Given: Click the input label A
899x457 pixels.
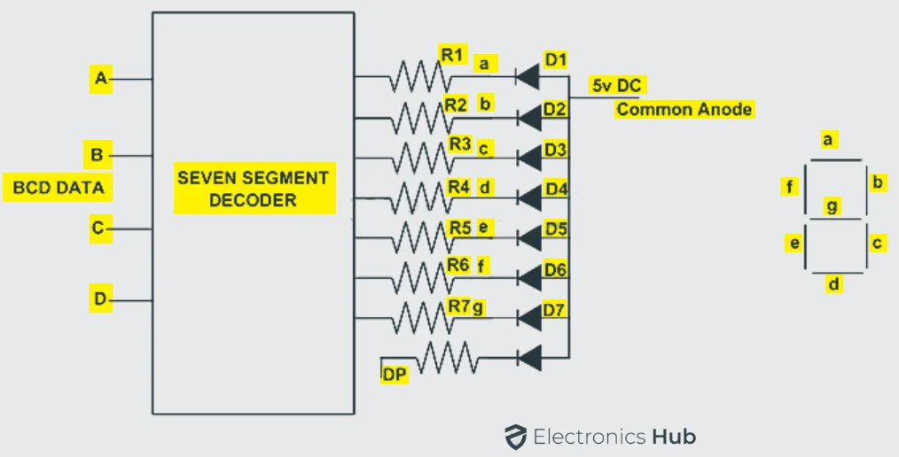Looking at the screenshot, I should pyautogui.click(x=101, y=79).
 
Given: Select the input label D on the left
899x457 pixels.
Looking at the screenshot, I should pyautogui.click(x=100, y=300).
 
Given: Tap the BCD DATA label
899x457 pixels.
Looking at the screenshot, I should pyautogui.click(x=59, y=187).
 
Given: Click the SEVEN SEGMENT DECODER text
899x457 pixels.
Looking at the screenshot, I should pyautogui.click(x=254, y=189).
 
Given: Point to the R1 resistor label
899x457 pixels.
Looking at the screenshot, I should pyautogui.click(x=452, y=55).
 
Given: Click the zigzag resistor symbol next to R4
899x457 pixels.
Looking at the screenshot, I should pyautogui.click(x=420, y=197).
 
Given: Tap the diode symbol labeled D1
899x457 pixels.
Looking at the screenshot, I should pyautogui.click(x=528, y=77).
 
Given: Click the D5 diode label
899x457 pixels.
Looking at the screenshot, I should pyautogui.click(x=556, y=228).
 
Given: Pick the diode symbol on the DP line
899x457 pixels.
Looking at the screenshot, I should pyautogui.click(x=528, y=359).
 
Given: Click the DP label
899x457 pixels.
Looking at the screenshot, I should pyautogui.click(x=394, y=376).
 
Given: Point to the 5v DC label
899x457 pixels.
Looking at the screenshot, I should pyautogui.click(x=618, y=86).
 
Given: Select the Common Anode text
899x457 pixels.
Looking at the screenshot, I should pyautogui.click(x=684, y=110).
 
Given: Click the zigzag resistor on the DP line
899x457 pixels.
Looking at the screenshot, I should pyautogui.click(x=447, y=359).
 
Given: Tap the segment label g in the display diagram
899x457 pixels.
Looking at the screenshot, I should pyautogui.click(x=831, y=205).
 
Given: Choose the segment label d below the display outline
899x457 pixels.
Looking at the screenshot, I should pyautogui.click(x=834, y=284).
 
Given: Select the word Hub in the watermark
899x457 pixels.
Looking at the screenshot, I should pyautogui.click(x=674, y=437).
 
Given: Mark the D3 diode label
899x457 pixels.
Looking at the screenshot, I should pyautogui.click(x=556, y=149).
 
